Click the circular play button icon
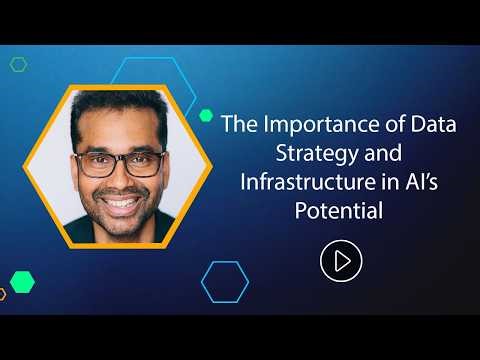pyautogui.click(x=339, y=261)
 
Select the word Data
pyautogui.click(x=421, y=128)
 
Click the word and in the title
pyautogui.click(x=360, y=156)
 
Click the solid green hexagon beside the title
pyautogui.click(x=206, y=115)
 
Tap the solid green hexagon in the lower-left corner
pyautogui.click(x=22, y=281)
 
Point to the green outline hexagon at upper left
pyautogui.click(x=18, y=65)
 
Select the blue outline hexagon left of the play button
pyautogui.click(x=225, y=281)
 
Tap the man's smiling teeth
pyautogui.click(x=120, y=204)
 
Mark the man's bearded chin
pyautogui.click(x=120, y=226)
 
